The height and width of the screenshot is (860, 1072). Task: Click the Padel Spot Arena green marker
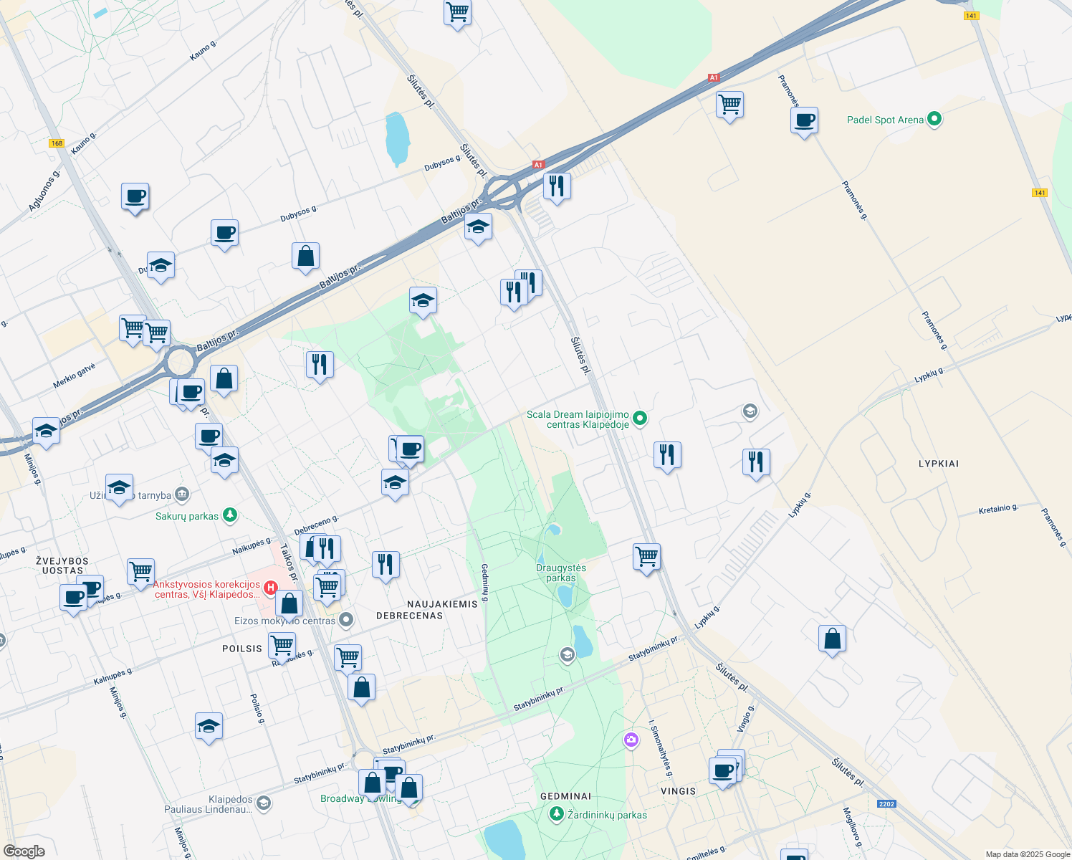tap(934, 120)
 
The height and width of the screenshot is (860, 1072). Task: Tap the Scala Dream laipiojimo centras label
tap(578, 419)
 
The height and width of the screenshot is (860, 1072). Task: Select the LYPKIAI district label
tap(938, 464)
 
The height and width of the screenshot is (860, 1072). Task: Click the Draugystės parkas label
tap(561, 573)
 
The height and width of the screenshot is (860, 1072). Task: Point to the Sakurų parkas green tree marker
tap(229, 515)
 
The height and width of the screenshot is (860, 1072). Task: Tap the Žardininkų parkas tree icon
tap(556, 814)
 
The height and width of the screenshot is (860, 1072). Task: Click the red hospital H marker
tap(271, 588)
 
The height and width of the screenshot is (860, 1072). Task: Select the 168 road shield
tap(57, 143)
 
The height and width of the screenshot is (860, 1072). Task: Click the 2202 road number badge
tap(886, 803)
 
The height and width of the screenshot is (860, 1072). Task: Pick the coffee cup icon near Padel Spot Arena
tap(805, 120)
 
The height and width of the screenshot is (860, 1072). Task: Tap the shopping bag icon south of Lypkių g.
tap(832, 639)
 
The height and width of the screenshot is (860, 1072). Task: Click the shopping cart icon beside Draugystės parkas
tap(646, 557)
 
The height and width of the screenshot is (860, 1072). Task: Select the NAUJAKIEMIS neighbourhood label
tap(442, 604)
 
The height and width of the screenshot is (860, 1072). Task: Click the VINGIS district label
tap(678, 791)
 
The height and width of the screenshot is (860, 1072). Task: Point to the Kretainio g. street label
tap(998, 510)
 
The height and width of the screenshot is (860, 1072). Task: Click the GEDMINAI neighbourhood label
tap(565, 796)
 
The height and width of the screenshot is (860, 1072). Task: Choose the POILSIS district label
tap(242, 649)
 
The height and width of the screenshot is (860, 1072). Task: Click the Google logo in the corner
tap(24, 851)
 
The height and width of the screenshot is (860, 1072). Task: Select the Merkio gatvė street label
tap(74, 376)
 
